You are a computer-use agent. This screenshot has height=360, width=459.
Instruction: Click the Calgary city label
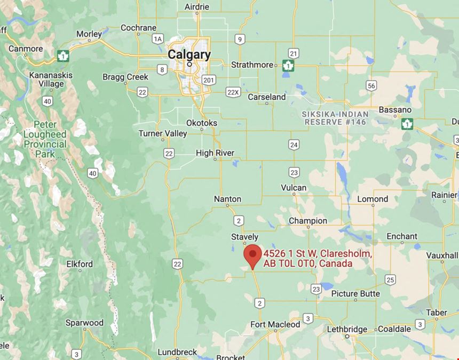pyautogui.click(x=189, y=54)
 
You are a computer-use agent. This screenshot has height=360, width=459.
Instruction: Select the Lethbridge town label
pyautogui.click(x=347, y=329)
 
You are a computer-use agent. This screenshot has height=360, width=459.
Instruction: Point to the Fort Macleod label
pyautogui.click(x=275, y=324)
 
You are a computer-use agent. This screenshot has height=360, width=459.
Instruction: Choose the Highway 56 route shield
pyautogui.click(x=371, y=86)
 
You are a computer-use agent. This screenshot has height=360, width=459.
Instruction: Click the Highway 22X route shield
pyautogui.click(x=233, y=92)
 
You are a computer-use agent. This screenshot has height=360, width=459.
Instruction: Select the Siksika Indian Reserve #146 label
pyautogui.click(x=335, y=118)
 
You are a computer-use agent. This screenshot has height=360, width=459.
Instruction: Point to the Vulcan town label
pyautogui.click(x=294, y=188)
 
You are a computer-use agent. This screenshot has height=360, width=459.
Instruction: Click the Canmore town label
pyautogui.click(x=26, y=49)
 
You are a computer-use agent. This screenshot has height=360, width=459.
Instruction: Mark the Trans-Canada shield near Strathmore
pyautogui.click(x=288, y=66)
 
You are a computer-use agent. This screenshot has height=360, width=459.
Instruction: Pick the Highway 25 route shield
pyautogui.click(x=391, y=279)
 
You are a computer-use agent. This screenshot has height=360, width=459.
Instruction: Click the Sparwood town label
pyautogui.click(x=84, y=323)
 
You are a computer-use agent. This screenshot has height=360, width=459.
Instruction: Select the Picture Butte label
pyautogui.click(x=355, y=294)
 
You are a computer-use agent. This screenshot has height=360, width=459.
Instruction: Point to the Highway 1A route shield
pyautogui.click(x=157, y=38)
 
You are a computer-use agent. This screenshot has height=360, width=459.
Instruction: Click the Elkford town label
pyautogui.click(x=80, y=264)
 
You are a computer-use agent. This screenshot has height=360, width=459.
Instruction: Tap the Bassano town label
pyautogui.click(x=395, y=110)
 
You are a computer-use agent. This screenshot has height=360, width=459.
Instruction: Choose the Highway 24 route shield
pyautogui.click(x=294, y=145)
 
